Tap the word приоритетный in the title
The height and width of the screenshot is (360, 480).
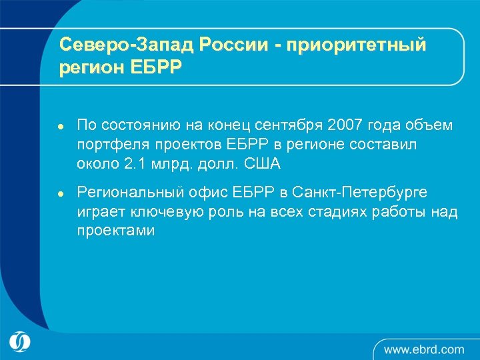(x=357, y=45)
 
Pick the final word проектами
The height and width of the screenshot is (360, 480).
(x=116, y=231)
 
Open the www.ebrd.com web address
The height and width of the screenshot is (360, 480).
(x=424, y=349)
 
